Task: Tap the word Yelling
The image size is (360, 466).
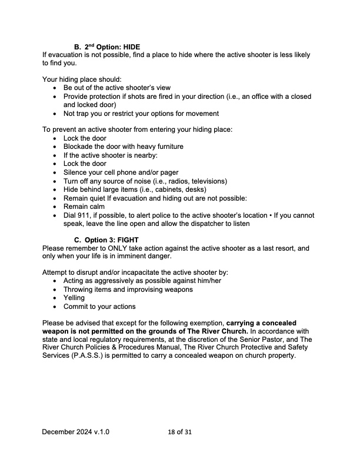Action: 74,298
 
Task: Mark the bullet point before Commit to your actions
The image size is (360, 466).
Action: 55,307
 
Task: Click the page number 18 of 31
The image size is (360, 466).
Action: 179,432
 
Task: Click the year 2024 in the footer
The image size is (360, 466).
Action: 76,432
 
